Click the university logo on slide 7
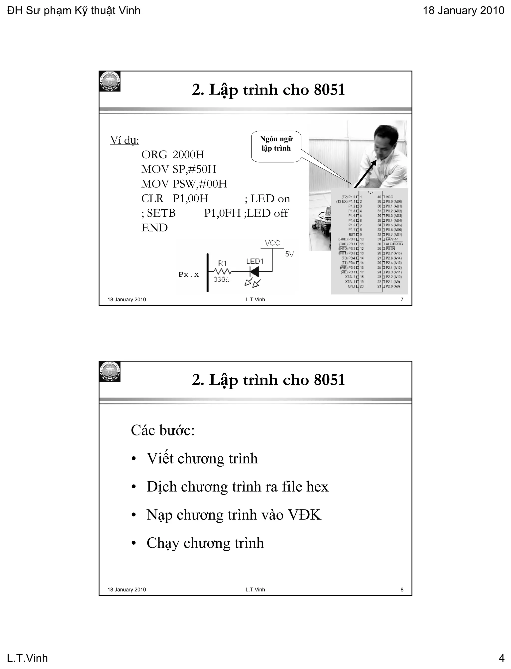(x=110, y=81)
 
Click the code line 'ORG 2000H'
(x=172, y=155)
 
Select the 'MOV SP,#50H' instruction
(x=179, y=169)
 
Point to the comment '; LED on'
(x=267, y=199)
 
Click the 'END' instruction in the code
(x=154, y=228)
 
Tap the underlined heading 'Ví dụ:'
(x=125, y=140)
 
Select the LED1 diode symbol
(x=254, y=271)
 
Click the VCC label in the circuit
(x=272, y=243)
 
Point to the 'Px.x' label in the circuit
(x=189, y=275)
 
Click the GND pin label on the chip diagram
(x=351, y=286)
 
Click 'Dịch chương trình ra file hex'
(x=237, y=487)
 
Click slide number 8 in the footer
(x=402, y=590)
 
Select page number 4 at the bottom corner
(x=501, y=658)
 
